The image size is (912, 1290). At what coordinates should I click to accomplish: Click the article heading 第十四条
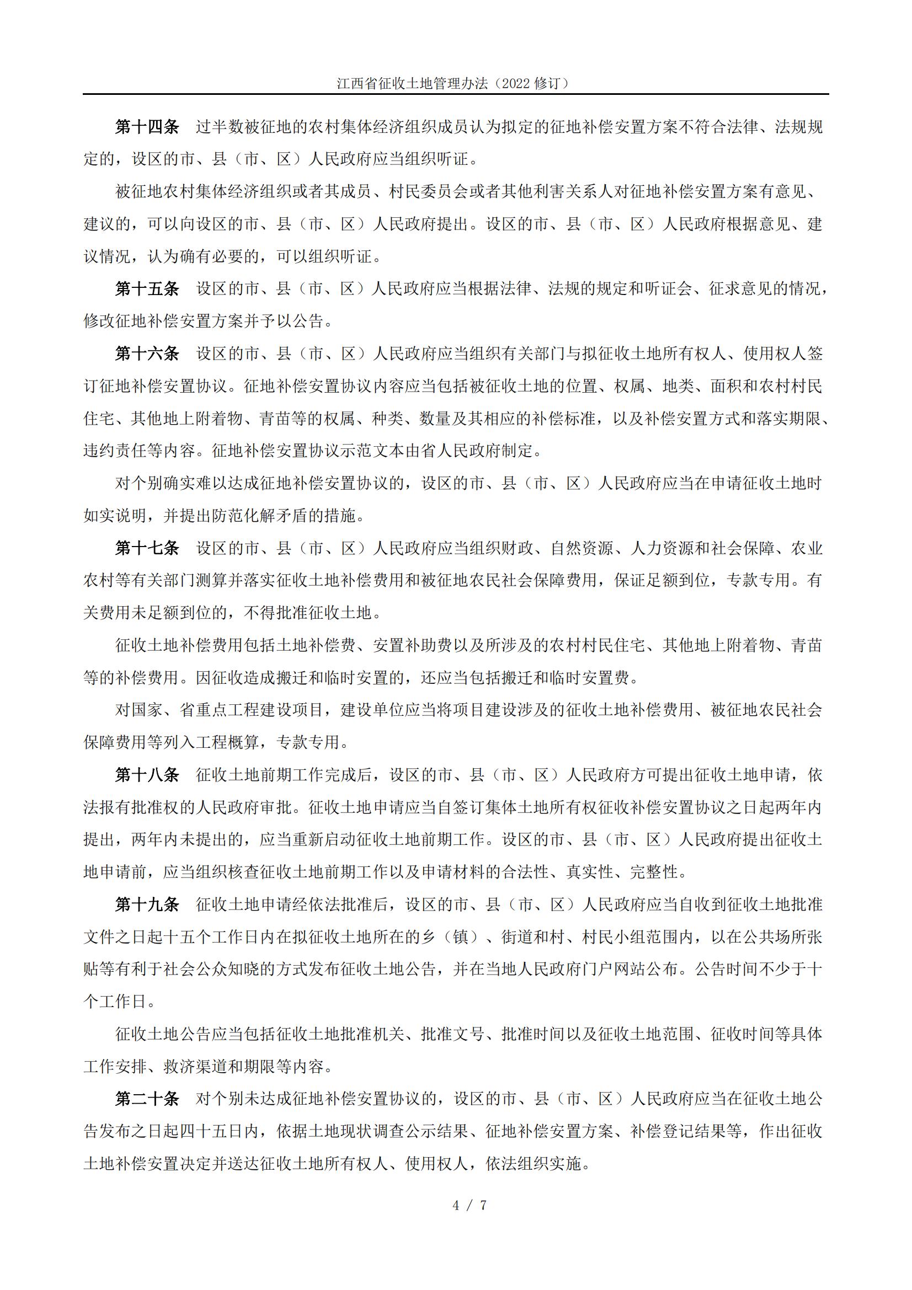click(147, 127)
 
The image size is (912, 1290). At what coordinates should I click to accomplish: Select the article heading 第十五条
click(147, 289)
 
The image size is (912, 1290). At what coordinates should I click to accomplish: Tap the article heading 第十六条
click(147, 354)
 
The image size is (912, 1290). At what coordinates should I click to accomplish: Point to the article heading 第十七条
click(147, 548)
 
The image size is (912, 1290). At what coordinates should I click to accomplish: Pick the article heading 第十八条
click(147, 775)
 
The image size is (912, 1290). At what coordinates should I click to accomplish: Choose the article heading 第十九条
click(147, 904)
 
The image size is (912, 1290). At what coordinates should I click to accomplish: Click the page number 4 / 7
click(469, 1205)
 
